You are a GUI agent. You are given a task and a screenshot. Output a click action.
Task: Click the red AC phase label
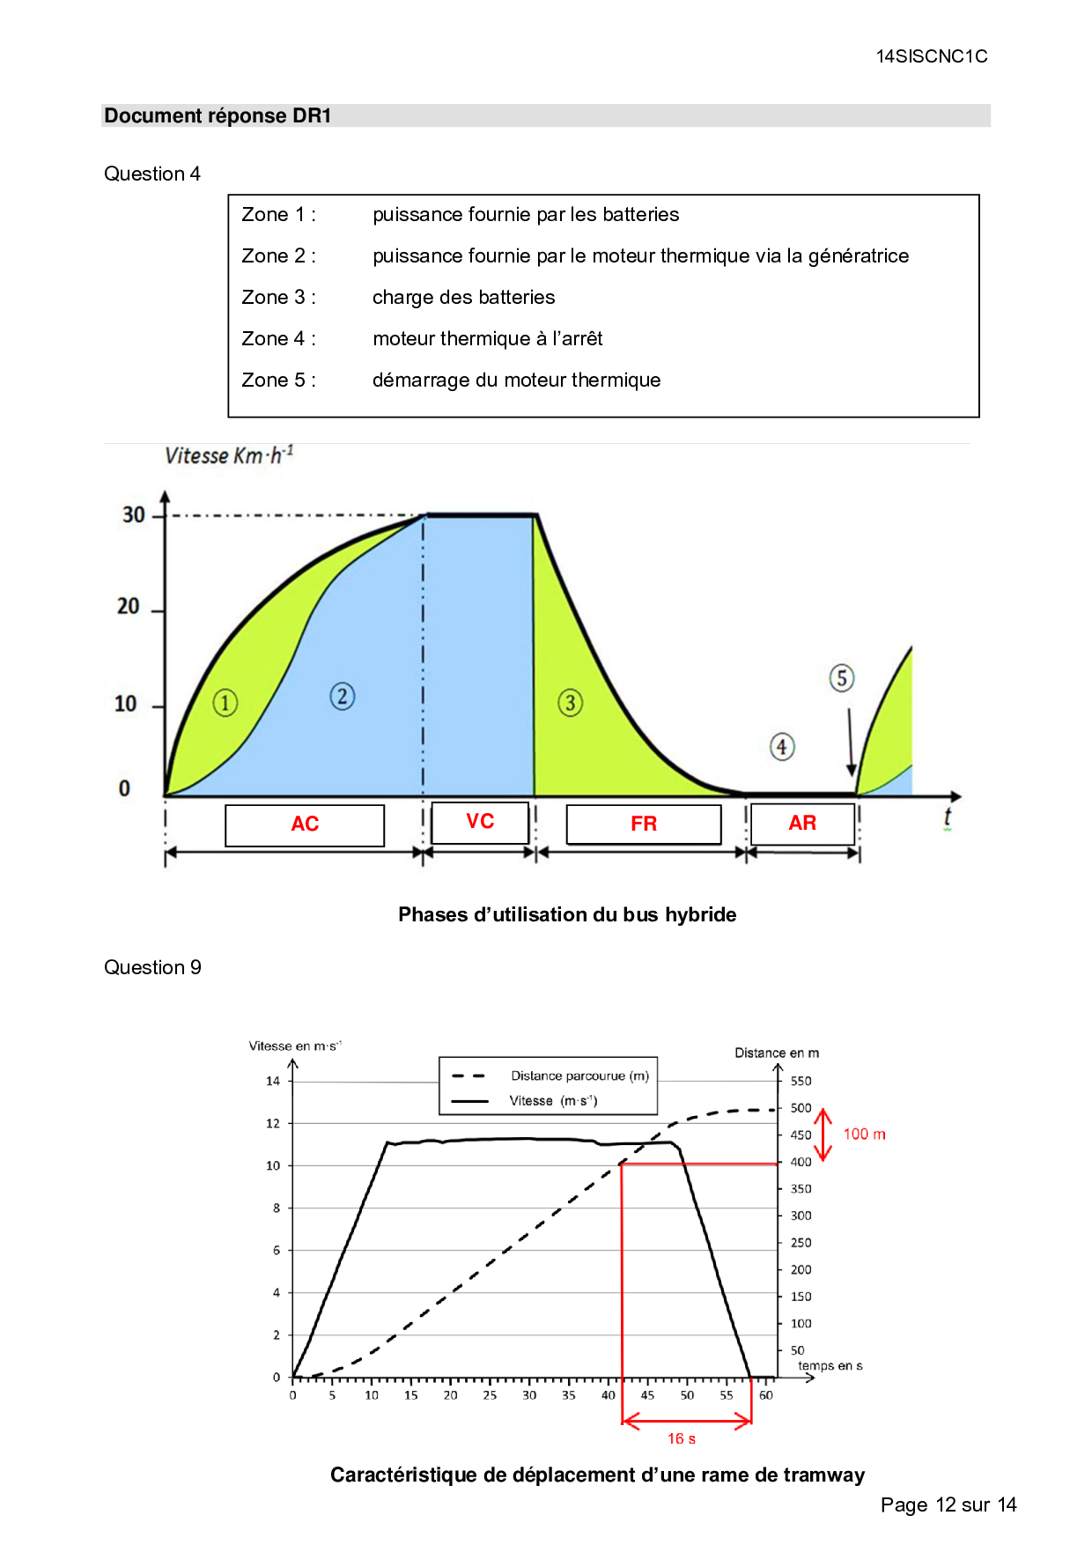305,824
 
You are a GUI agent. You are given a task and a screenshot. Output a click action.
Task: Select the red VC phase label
480,821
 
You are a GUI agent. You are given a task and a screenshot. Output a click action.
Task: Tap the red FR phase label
644,824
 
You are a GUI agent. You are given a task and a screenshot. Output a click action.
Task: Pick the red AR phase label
802,823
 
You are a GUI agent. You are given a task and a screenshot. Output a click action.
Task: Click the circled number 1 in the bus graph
225,703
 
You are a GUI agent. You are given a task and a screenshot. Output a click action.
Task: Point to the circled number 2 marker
343,697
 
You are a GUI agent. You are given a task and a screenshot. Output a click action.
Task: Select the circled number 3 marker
571,703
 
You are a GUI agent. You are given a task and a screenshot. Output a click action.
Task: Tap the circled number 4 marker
782,747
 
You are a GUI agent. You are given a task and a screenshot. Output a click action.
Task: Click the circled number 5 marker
842,678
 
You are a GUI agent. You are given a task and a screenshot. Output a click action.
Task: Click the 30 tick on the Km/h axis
133,514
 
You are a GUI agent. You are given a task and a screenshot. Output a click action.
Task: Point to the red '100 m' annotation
864,1135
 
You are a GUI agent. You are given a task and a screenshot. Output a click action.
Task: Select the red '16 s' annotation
682,1438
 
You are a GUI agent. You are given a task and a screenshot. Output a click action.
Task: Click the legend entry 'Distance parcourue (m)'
579,1076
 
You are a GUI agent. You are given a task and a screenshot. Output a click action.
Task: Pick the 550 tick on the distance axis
801,1081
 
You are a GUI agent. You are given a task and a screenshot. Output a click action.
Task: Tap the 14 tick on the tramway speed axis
273,1081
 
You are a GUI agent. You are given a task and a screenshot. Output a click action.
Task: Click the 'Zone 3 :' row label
278,298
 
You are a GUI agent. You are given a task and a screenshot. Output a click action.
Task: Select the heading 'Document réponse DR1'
218,116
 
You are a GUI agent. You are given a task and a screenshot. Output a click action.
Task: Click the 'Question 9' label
152,967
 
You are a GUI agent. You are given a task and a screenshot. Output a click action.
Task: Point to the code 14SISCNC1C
932,56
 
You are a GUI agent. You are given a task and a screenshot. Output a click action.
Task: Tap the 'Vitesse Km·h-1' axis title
229,455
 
